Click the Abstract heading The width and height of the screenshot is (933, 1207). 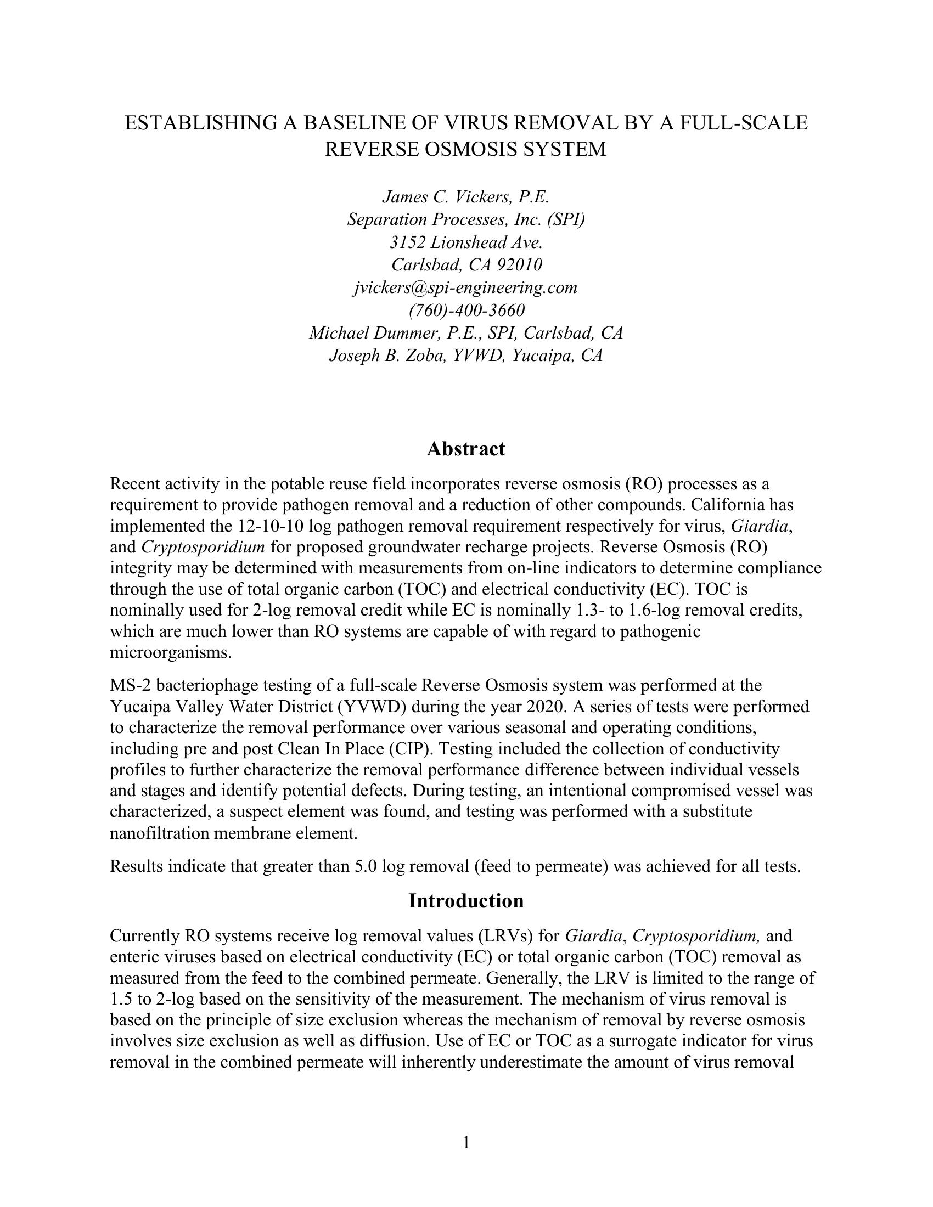[465, 449]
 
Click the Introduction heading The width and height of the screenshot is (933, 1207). [465, 901]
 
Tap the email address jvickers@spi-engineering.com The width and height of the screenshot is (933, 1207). [465, 287]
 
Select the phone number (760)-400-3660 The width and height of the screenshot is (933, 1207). [466, 310]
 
